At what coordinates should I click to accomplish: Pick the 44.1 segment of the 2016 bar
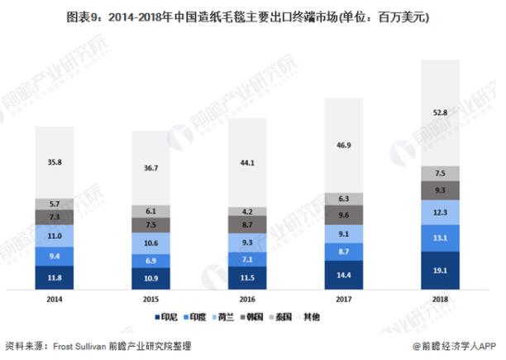(x=247, y=162)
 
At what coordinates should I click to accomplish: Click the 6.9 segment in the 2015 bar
(x=150, y=261)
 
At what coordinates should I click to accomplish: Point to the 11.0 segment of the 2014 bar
(x=55, y=236)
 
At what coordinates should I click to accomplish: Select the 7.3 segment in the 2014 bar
(x=55, y=217)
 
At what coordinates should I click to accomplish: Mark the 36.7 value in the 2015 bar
(x=150, y=168)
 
